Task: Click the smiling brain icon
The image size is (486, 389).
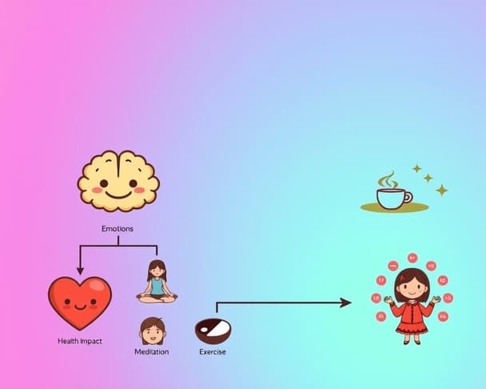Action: [118, 182]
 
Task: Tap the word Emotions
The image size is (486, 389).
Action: [118, 229]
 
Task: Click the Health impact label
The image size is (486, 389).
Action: [80, 342]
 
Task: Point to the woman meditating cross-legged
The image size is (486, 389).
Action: [157, 282]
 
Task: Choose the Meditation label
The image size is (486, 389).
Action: [152, 352]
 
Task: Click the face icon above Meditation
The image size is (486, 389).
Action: [152, 330]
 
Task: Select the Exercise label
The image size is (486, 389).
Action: [212, 352]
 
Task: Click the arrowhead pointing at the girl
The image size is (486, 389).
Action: [345, 303]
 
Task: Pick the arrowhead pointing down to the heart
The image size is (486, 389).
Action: [79, 271]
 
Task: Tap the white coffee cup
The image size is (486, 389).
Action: [391, 198]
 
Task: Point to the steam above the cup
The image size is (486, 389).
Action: [387, 179]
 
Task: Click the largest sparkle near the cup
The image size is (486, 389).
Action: [441, 190]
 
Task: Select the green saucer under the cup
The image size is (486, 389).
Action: [394, 208]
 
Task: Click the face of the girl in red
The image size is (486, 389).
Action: [412, 286]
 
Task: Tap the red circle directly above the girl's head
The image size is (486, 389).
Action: [412, 258]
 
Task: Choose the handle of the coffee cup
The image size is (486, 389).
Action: [408, 196]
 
